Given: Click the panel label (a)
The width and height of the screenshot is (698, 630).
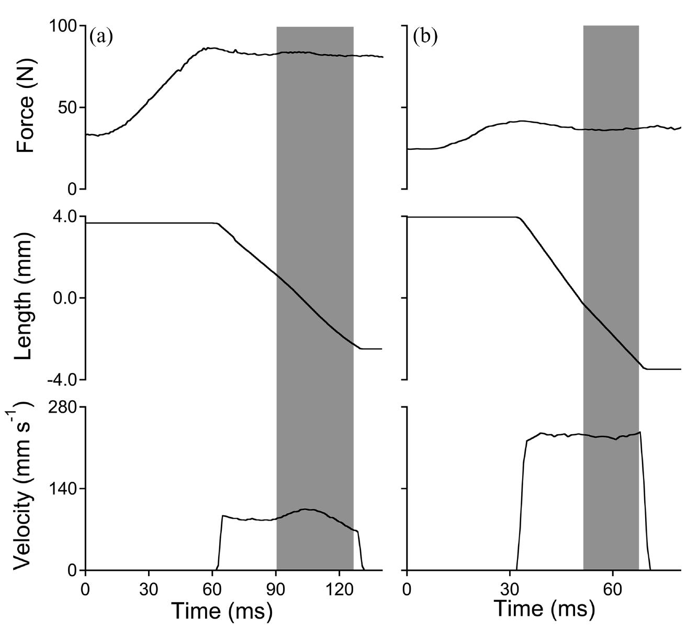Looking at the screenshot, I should pyautogui.click(x=101, y=37).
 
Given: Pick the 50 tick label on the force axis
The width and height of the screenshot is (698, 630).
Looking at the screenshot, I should pyautogui.click(x=68, y=107).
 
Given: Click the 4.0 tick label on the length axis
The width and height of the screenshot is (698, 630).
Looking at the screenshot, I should pyautogui.click(x=64, y=216).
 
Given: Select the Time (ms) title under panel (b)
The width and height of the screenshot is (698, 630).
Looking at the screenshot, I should pyautogui.click(x=544, y=609).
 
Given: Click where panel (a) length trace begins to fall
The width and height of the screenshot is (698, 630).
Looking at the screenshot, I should pyautogui.click(x=216, y=224).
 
